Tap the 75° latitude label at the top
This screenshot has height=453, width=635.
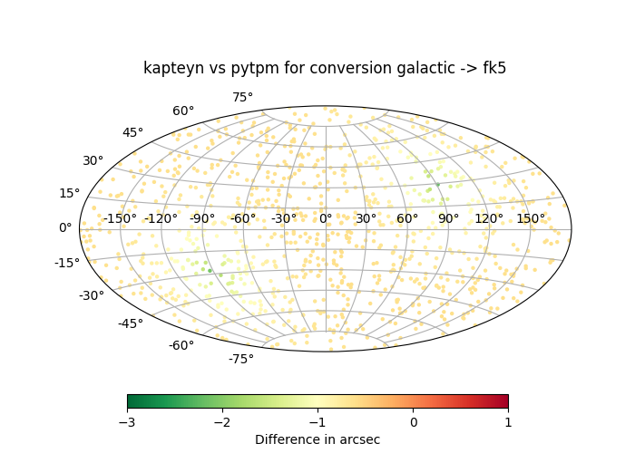click(x=242, y=97)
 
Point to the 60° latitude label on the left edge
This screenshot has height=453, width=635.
click(x=183, y=111)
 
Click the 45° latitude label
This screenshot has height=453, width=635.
click(x=132, y=133)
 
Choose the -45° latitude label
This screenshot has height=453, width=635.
click(x=130, y=323)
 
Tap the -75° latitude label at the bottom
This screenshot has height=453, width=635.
click(x=240, y=359)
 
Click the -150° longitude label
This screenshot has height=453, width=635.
click(x=120, y=218)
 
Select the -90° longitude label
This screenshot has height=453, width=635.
click(x=201, y=218)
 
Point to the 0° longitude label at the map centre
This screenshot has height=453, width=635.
click(x=325, y=218)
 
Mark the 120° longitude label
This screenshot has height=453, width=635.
click(x=489, y=218)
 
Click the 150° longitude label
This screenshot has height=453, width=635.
click(x=531, y=218)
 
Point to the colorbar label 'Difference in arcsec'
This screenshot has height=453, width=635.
click(x=317, y=439)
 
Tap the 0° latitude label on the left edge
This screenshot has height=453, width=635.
click(x=65, y=227)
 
